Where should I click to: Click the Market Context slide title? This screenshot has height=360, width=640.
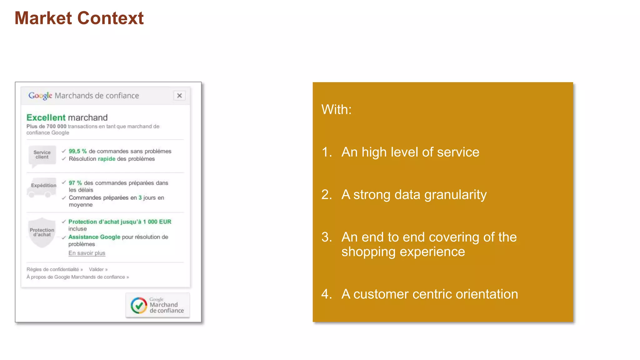point(79,18)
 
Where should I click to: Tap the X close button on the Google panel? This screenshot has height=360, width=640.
point(179,96)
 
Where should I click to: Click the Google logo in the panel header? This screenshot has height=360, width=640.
point(40,96)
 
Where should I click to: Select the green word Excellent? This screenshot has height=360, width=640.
point(46,117)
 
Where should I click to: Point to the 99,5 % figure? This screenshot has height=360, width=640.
point(77,151)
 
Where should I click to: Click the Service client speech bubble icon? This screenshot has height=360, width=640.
point(42,155)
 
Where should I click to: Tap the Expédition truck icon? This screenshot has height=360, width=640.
point(42,187)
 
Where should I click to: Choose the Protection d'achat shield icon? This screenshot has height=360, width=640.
point(42,232)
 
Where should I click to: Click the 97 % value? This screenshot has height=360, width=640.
point(75,183)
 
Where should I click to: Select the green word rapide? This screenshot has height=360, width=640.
point(107,159)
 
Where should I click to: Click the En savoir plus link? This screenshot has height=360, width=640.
point(87,253)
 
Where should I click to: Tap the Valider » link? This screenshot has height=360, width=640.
point(98,269)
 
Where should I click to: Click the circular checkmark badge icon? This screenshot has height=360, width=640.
point(139,305)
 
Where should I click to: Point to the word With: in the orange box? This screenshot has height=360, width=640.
point(336,110)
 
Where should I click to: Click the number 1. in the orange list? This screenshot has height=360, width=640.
point(327,152)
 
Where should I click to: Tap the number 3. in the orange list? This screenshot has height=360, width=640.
point(327,237)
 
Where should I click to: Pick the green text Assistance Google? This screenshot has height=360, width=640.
point(94,237)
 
